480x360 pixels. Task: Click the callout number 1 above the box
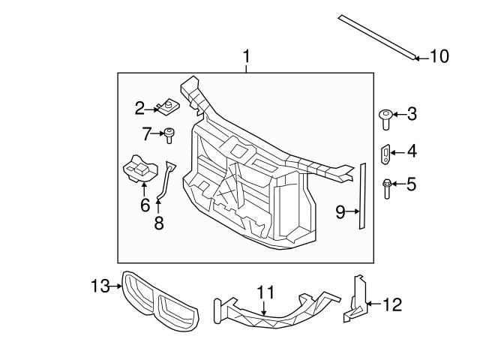point(247,56)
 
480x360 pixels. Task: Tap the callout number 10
point(438,56)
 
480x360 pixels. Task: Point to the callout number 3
point(411,115)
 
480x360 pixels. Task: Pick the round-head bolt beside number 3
point(385,118)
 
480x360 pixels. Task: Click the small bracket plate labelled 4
point(385,154)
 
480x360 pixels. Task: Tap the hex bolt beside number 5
point(385,187)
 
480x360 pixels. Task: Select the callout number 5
point(411,184)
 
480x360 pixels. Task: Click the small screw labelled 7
point(170,136)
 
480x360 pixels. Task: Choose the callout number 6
point(145,204)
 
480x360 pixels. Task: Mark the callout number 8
point(158,223)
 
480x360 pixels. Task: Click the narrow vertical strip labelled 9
point(361,196)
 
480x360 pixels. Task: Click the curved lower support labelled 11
point(270,314)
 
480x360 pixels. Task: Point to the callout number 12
point(391,304)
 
